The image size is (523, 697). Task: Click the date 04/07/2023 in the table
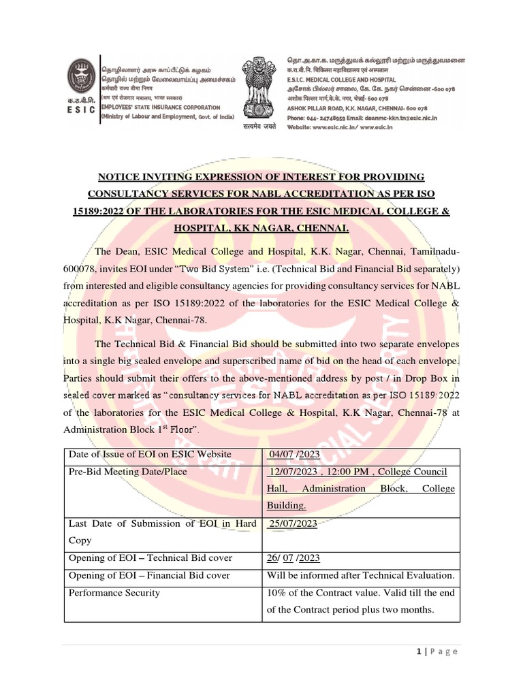[x=294, y=454]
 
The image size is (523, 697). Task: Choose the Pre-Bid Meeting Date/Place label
[x=128, y=472]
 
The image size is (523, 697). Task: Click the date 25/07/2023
[x=294, y=523]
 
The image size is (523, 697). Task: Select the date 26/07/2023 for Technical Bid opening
[x=294, y=558]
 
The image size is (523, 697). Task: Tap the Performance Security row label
[x=114, y=593]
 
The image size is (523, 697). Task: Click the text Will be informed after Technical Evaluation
[x=360, y=576]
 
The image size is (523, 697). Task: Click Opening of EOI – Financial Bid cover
[x=149, y=576]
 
